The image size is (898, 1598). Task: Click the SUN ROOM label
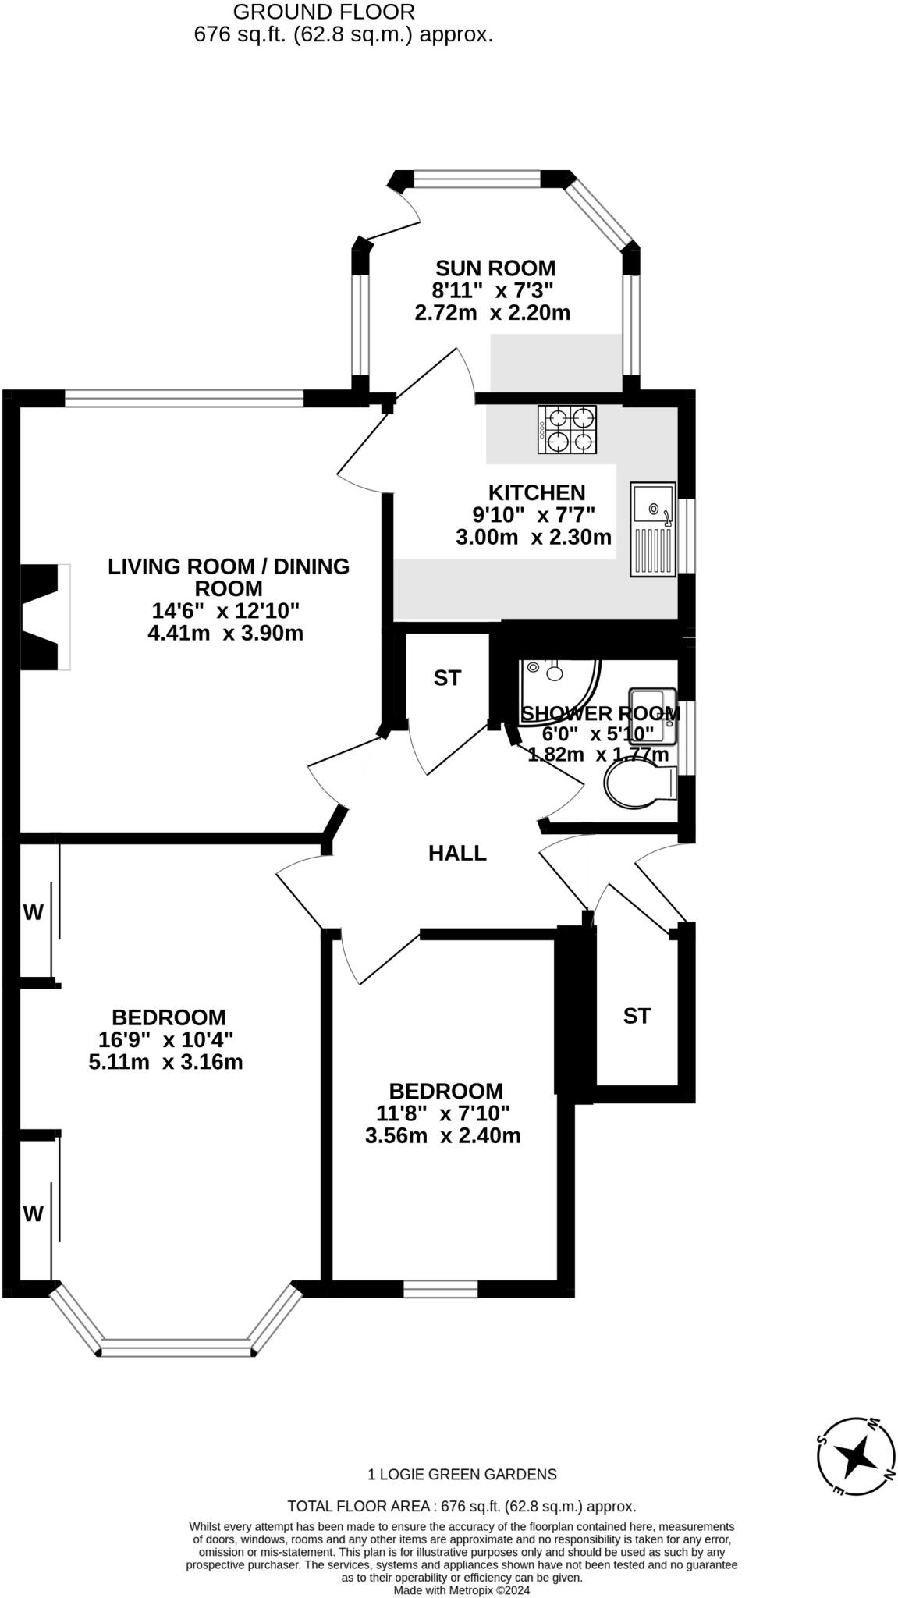coord(495,268)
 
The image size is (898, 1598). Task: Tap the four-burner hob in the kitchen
coord(566,429)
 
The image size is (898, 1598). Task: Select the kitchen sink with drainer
coord(653,529)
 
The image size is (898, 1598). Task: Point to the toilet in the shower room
coord(641,784)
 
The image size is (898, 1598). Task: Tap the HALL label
coord(457,854)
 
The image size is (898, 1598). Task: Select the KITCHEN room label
coord(537,493)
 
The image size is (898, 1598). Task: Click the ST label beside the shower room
coord(447,679)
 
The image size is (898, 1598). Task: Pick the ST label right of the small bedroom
coord(637,1016)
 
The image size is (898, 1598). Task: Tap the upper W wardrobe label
coord(33,912)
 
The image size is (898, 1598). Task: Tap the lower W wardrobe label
coord(33,1213)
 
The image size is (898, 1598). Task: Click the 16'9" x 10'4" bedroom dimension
coord(166,1039)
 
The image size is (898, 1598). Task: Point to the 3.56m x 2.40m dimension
coord(442,1135)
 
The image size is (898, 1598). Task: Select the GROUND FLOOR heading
coord(324,12)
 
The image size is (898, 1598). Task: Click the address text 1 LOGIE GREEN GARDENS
coord(462,1475)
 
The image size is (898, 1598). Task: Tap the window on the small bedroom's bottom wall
coord(440,1289)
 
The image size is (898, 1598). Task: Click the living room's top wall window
coord(184,399)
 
